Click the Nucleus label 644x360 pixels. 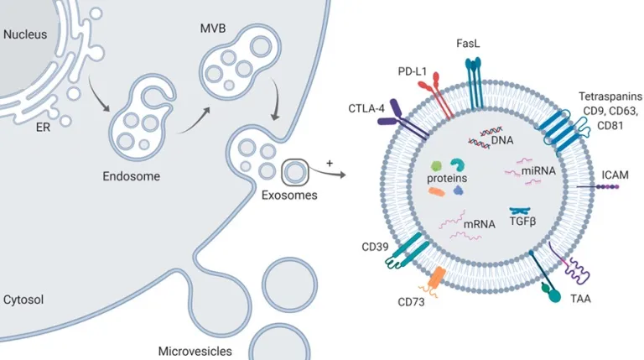(26, 35)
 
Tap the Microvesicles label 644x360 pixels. (195, 351)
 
